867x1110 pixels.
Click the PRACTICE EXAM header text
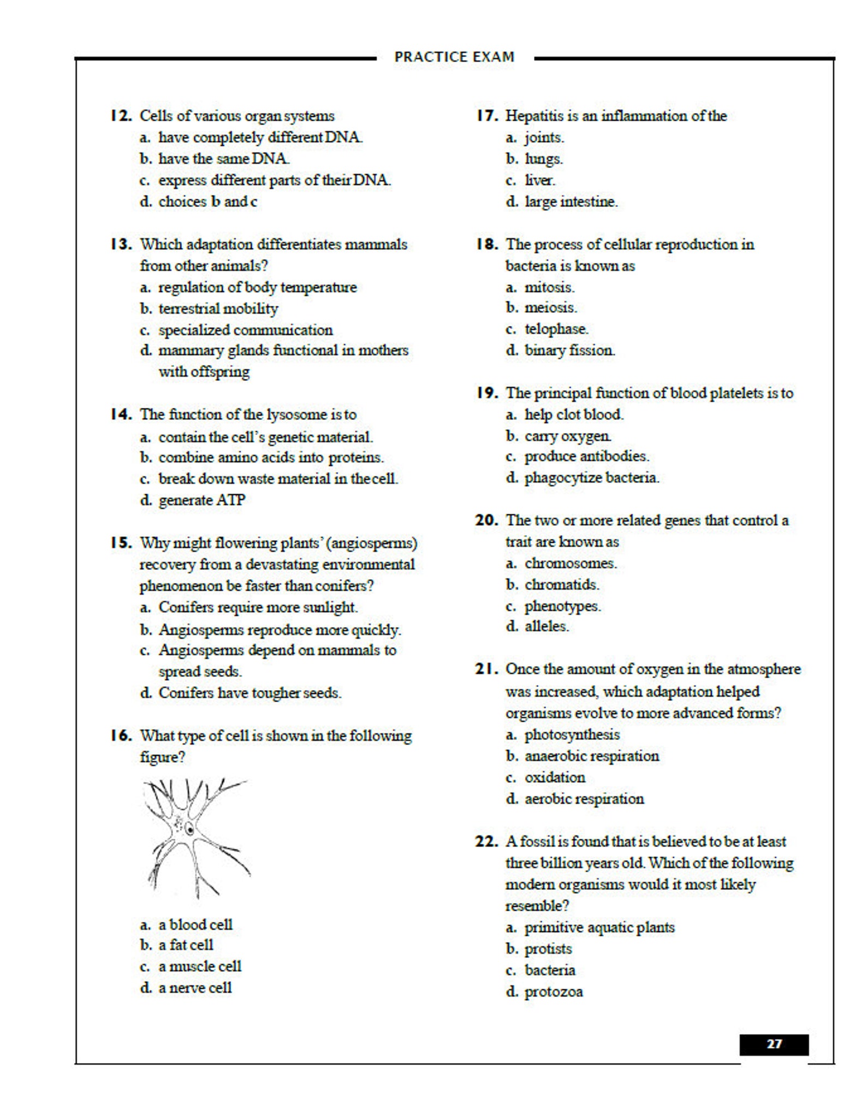pyautogui.click(x=454, y=57)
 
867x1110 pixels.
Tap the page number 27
pyautogui.click(x=774, y=1044)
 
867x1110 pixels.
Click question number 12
pyautogui.click(x=121, y=116)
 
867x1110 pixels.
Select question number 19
pyautogui.click(x=486, y=393)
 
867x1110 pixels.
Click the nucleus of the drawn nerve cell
pyautogui.click(x=189, y=829)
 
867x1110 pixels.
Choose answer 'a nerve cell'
pyautogui.click(x=195, y=988)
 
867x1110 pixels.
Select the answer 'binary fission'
pyautogui.click(x=569, y=350)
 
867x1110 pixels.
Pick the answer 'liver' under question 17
pyautogui.click(x=539, y=180)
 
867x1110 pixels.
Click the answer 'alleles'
pyautogui.click(x=547, y=626)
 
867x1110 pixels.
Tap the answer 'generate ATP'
pyautogui.click(x=202, y=500)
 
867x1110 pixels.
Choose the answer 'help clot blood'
pyautogui.click(x=574, y=414)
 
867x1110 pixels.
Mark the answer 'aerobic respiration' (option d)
pyautogui.click(x=584, y=799)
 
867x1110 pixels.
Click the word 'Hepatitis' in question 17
pyautogui.click(x=533, y=116)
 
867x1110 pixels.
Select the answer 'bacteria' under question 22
pyautogui.click(x=550, y=970)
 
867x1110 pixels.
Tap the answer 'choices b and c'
pyautogui.click(x=207, y=201)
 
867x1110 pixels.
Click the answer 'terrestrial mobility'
pyautogui.click(x=218, y=308)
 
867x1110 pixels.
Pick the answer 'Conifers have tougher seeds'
pyautogui.click(x=250, y=693)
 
